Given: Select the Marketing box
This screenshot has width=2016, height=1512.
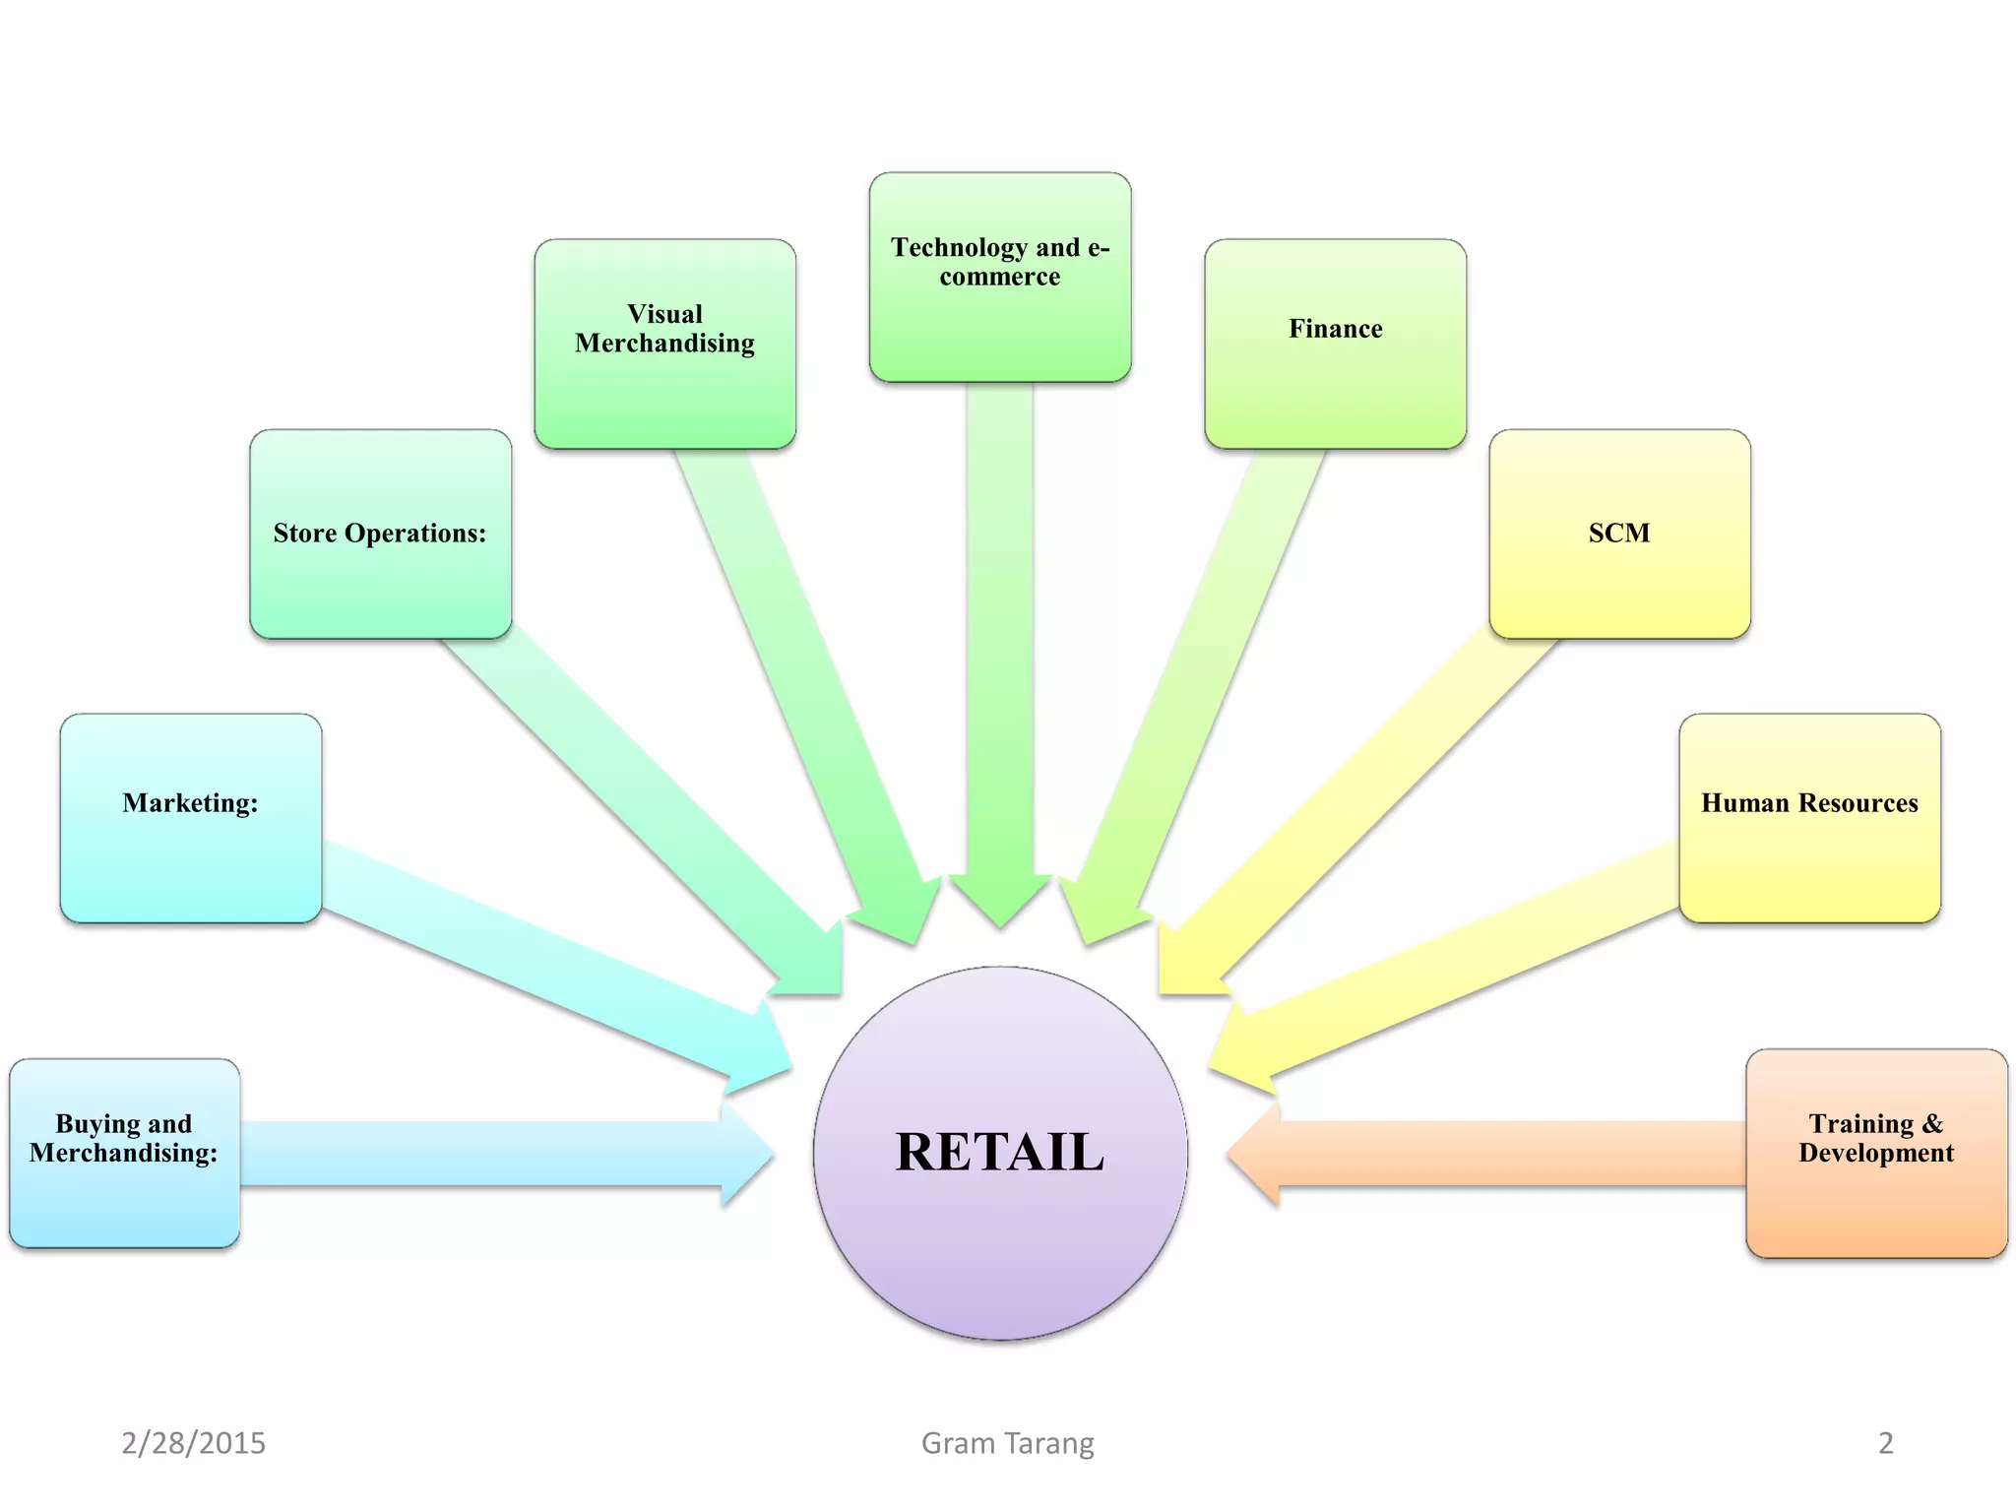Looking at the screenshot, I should (190, 818).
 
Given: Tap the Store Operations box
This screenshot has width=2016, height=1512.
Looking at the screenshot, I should (380, 534).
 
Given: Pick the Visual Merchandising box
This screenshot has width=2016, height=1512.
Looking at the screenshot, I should (664, 344).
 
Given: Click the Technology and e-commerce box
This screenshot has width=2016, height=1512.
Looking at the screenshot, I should (999, 277).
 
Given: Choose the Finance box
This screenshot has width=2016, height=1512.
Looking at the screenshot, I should (1335, 344).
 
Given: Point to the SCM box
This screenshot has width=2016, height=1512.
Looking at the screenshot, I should (1619, 534).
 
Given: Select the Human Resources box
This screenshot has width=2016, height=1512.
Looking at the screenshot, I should (1809, 818).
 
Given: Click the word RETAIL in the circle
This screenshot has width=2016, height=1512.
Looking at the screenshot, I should (999, 1152).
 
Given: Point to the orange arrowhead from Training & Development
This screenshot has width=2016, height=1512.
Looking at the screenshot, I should (1256, 1154).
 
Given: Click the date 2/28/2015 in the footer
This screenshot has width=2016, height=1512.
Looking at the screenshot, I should (193, 1443).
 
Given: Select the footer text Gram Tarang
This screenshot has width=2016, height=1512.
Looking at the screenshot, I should (1007, 1443).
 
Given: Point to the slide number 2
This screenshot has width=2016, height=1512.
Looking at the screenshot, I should (1885, 1443).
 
